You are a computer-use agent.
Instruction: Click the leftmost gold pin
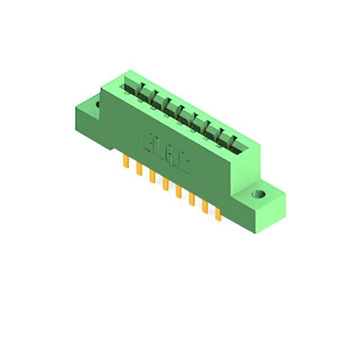point(125,163)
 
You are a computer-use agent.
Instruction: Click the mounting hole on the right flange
point(259,195)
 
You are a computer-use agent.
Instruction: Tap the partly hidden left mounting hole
point(98,104)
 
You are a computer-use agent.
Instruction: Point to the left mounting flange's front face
point(89,119)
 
